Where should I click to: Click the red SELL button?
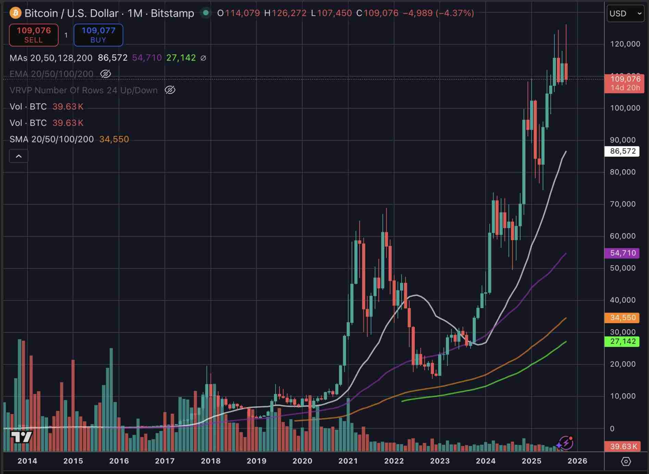click(x=34, y=35)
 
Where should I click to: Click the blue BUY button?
click(x=98, y=35)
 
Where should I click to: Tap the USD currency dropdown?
click(x=625, y=14)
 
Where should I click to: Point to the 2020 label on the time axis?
click(x=302, y=461)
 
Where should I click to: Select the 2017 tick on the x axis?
click(x=165, y=461)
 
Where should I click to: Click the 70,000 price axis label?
click(x=623, y=204)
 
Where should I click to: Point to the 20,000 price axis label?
click(x=623, y=364)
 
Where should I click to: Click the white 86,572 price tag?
click(x=622, y=151)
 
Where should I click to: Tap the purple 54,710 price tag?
click(x=622, y=253)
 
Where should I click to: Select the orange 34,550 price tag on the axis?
click(x=622, y=318)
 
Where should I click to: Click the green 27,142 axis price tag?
click(x=622, y=341)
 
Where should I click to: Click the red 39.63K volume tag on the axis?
click(x=622, y=446)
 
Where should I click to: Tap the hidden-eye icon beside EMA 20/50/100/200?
click(x=105, y=74)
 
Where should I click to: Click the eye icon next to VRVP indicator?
click(x=170, y=90)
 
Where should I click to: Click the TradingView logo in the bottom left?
click(x=21, y=437)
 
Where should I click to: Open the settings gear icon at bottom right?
click(x=626, y=462)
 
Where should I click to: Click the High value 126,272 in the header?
click(x=289, y=13)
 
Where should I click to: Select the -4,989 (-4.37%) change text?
click(x=438, y=13)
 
